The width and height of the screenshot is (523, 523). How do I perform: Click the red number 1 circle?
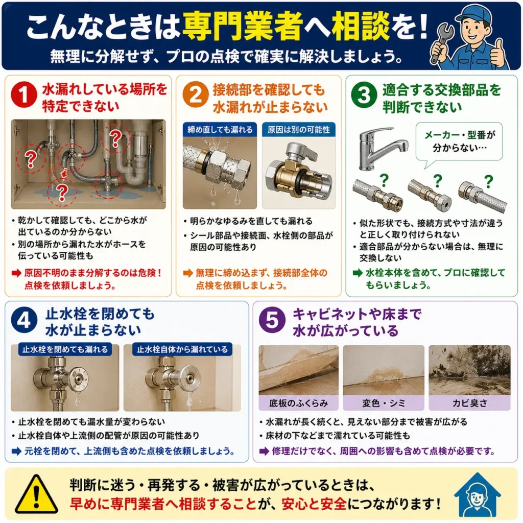pyautogui.click(x=23, y=94)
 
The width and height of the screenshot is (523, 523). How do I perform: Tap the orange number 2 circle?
pyautogui.click(x=196, y=94)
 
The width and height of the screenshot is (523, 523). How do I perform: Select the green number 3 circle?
pyautogui.click(x=364, y=94)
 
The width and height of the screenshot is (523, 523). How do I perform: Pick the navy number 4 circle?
pyautogui.click(x=24, y=321)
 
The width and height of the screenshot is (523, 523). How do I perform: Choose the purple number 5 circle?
pyautogui.click(x=273, y=321)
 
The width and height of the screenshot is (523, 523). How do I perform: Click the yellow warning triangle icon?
pyautogui.click(x=36, y=495)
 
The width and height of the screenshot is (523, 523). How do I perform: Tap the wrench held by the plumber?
pyautogui.click(x=443, y=42)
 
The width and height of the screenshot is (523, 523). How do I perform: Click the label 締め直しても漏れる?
pyautogui.click(x=220, y=129)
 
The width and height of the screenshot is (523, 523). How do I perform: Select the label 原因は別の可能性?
pyautogui.click(x=298, y=129)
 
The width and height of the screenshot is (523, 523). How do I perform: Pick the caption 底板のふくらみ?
pyautogui.click(x=298, y=403)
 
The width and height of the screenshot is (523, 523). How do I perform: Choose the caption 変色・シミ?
pyautogui.click(x=384, y=403)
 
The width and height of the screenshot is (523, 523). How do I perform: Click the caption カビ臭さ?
pyautogui.click(x=470, y=403)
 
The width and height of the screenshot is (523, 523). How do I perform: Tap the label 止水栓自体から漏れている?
pyautogui.click(x=182, y=349)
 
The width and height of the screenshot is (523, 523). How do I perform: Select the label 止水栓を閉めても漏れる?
pyautogui.click(x=65, y=349)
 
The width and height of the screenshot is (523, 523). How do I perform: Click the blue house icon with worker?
pyautogui.click(x=478, y=494)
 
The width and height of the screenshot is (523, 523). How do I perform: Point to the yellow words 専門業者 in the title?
pyautogui.click(x=243, y=25)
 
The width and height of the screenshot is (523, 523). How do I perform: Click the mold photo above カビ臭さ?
pyautogui.click(x=470, y=370)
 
